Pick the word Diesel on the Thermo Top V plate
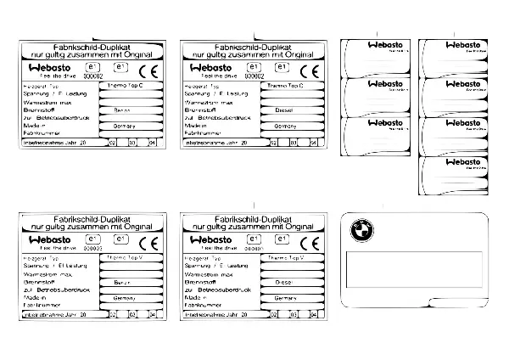tap(284, 280)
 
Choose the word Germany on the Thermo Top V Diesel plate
tap(285, 298)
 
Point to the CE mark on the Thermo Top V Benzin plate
tap(149, 242)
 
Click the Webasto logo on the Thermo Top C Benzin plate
tap(47, 68)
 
